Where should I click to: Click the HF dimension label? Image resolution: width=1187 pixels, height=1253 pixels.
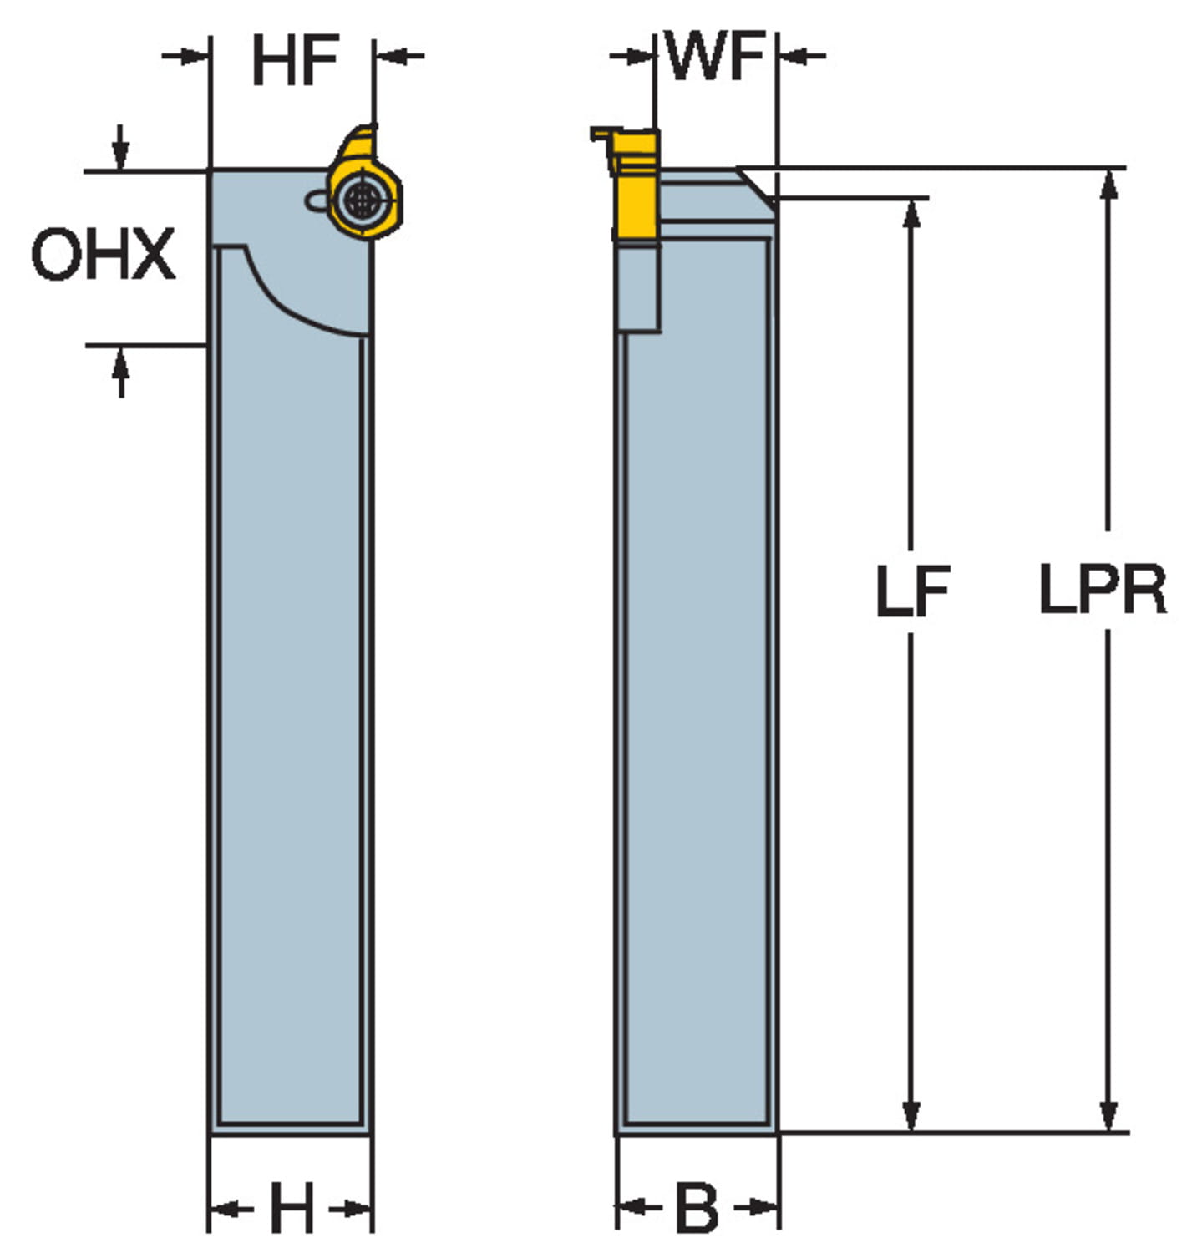click(295, 60)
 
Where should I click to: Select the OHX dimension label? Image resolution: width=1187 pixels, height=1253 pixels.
click(104, 254)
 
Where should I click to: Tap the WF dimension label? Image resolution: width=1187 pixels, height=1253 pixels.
click(716, 57)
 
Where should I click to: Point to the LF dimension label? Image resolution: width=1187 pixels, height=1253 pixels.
click(912, 591)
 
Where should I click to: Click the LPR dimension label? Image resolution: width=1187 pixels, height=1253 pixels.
click(1103, 590)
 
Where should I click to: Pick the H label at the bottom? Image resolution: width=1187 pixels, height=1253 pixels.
click(292, 1208)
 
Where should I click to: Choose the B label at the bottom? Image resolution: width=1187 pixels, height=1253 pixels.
click(696, 1208)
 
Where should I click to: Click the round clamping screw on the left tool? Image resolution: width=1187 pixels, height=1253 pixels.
click(361, 200)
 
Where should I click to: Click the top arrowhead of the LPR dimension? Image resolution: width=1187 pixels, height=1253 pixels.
click(1108, 184)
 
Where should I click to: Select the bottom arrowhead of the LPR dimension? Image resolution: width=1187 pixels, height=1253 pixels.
click(1108, 1116)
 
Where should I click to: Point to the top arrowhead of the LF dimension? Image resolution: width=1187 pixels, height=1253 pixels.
click(912, 214)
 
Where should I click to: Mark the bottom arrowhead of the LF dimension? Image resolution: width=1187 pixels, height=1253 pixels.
click(912, 1116)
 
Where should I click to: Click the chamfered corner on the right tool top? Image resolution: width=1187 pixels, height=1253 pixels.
click(757, 185)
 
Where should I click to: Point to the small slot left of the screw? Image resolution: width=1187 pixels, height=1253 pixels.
click(315, 200)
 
